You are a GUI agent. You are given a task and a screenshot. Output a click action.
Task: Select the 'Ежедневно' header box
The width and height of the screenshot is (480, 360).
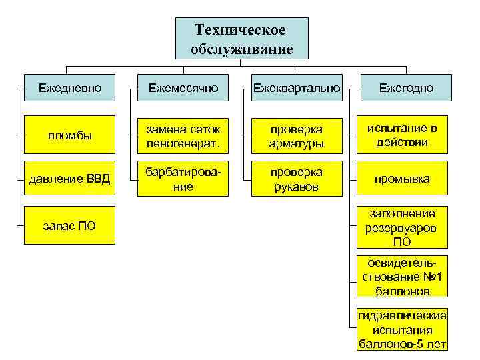point(66,88)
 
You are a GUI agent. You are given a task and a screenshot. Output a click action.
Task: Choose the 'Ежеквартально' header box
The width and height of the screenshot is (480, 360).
point(295,88)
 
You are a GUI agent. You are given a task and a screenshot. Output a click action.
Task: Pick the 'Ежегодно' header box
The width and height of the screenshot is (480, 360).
point(406,88)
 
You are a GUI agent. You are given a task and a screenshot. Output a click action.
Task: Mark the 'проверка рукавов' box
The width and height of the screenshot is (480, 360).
point(295,179)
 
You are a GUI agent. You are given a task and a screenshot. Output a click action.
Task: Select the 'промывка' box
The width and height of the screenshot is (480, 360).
point(401,179)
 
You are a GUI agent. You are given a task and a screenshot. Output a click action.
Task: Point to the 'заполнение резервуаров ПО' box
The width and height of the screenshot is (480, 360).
point(401,227)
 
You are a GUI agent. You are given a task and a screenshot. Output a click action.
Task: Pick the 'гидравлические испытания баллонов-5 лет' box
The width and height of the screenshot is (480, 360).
point(401,329)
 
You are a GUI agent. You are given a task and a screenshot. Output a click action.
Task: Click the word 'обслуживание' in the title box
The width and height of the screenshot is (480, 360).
point(241,49)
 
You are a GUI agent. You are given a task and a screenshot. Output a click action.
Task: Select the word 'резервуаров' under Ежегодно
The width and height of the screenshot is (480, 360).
point(401,227)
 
